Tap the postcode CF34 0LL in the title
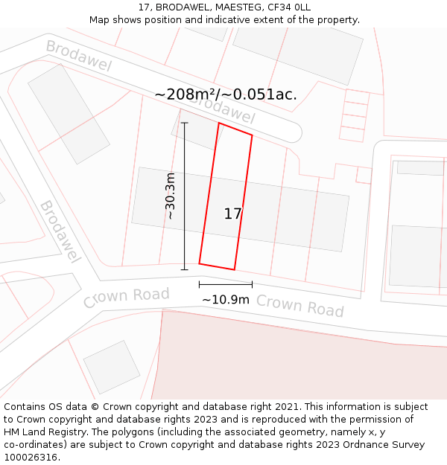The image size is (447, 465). click(x=290, y=7)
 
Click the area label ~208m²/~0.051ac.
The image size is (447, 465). click(x=226, y=94)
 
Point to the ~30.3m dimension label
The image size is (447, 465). click(x=171, y=196)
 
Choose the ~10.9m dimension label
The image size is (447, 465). click(x=226, y=299)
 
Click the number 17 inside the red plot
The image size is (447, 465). click(x=232, y=214)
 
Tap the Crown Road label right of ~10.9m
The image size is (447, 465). click(x=299, y=305)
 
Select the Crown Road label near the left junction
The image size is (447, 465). click(x=126, y=297)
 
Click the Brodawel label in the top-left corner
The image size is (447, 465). click(x=78, y=56)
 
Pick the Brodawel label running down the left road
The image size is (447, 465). click(x=60, y=231)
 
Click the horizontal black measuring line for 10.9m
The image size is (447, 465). click(x=225, y=284)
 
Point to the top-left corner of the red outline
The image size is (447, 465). click(x=219, y=124)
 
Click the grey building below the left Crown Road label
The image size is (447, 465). click(x=112, y=367)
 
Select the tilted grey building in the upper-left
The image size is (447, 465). click(x=69, y=113)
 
